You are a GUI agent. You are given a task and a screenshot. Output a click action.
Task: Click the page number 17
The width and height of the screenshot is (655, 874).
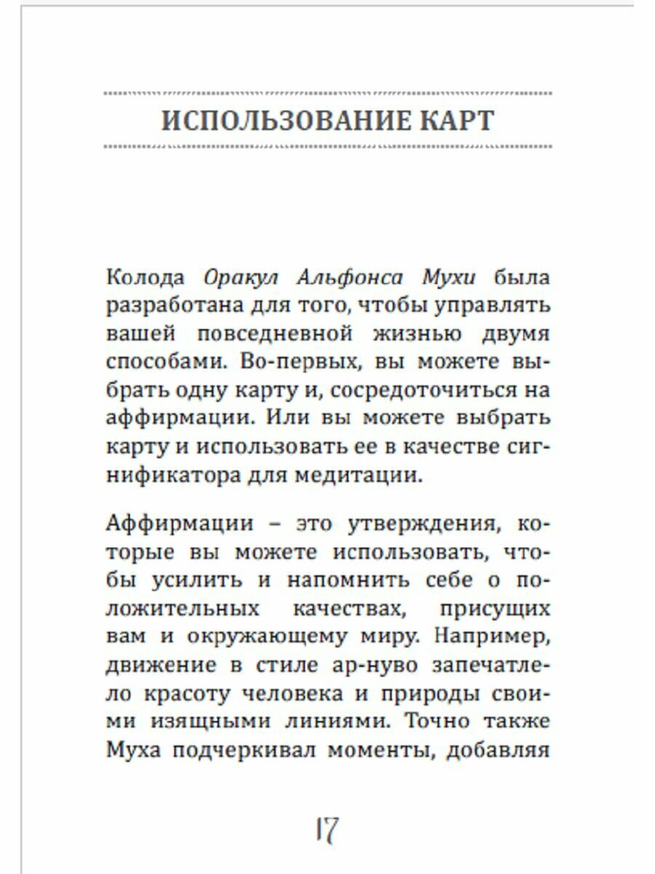click(x=327, y=829)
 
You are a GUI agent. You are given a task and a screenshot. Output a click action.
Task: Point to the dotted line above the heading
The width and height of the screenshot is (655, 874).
click(x=327, y=93)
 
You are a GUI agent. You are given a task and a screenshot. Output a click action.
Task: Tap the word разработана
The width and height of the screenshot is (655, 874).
click(x=172, y=306)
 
